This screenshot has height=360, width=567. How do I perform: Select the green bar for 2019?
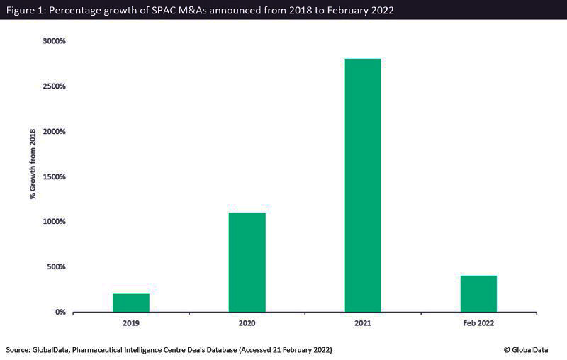click(x=131, y=303)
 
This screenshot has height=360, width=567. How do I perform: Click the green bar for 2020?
click(x=247, y=262)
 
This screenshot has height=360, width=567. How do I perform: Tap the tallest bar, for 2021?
click(x=362, y=185)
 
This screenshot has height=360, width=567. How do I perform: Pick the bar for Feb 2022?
click(x=478, y=293)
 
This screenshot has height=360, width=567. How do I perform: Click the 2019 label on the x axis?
click(x=131, y=323)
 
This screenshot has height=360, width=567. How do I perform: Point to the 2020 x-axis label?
click(x=247, y=323)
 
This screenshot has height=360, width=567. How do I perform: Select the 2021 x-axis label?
click(x=362, y=323)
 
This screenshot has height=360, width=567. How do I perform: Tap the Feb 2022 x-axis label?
click(x=478, y=323)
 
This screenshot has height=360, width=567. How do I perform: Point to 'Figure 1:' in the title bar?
click(x=26, y=9)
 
